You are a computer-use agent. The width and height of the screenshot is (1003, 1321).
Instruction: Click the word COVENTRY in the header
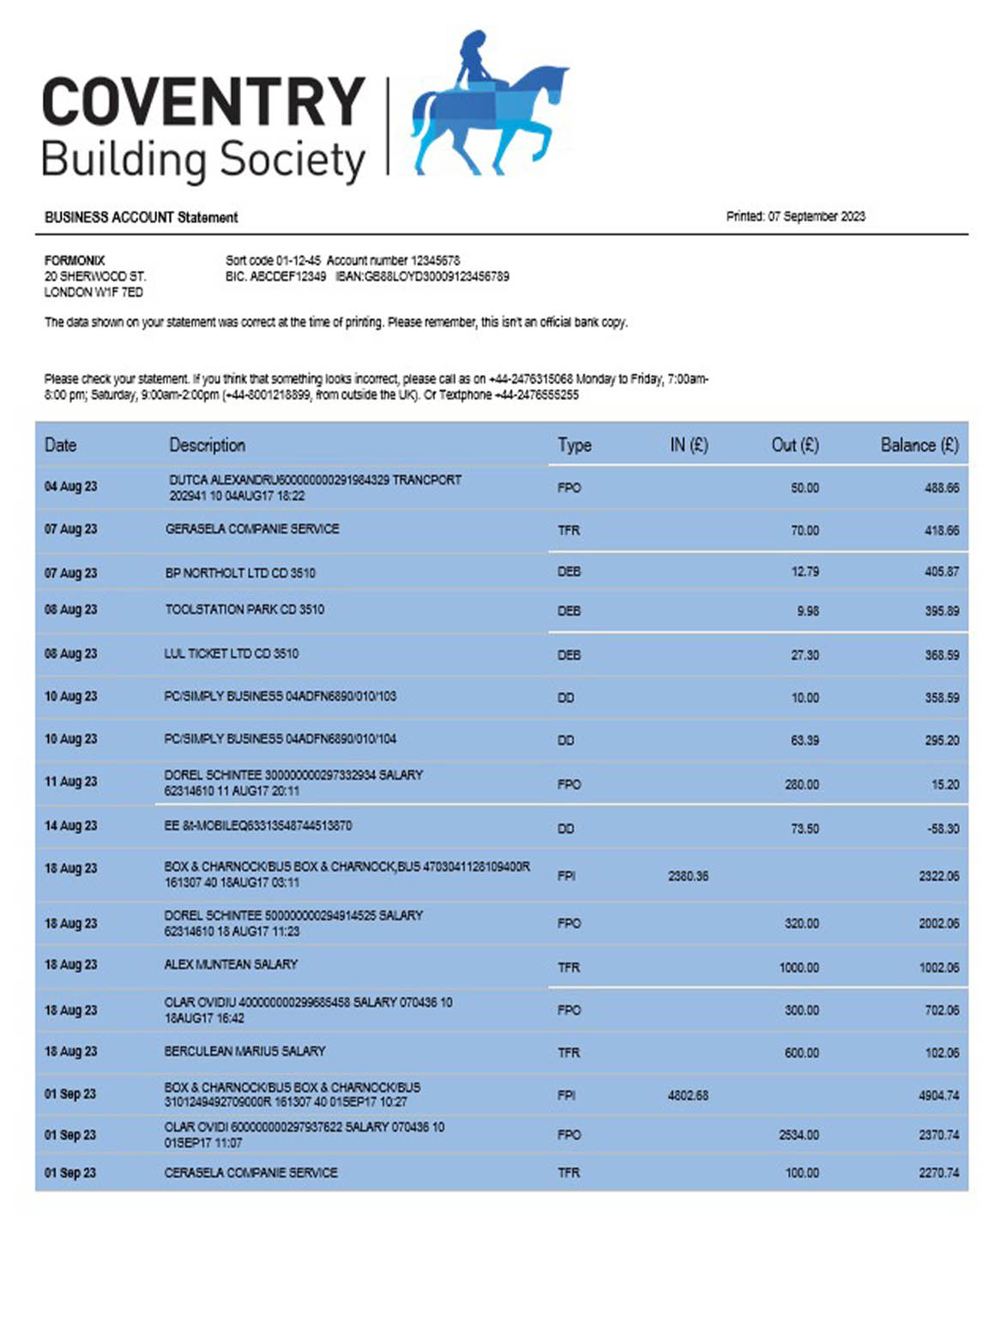203,102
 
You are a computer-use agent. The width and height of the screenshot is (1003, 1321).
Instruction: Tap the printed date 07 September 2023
816,216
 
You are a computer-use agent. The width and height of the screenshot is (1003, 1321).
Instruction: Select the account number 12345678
435,260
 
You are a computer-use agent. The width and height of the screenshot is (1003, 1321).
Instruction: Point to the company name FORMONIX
75,260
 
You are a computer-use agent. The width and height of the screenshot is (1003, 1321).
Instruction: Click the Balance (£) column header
919,444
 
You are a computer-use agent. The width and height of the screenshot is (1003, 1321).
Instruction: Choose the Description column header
207,444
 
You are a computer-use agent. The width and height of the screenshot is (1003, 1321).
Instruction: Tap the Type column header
574,444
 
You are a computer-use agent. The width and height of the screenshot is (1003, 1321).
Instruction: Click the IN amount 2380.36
688,876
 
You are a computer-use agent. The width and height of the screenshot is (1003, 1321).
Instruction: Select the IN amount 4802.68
688,1095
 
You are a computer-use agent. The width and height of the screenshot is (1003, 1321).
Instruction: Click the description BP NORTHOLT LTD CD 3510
240,572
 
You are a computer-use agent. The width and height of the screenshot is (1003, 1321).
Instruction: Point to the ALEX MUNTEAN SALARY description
231,964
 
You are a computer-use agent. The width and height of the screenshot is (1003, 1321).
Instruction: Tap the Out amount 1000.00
799,968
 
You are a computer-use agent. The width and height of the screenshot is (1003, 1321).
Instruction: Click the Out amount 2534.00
799,1135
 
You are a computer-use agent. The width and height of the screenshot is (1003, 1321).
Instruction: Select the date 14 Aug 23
70,826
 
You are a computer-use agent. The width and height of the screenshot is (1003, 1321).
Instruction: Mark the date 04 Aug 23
70,486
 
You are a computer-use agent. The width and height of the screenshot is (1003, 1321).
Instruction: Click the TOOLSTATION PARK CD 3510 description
245,609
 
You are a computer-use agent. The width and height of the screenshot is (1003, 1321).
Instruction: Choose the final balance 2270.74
939,1173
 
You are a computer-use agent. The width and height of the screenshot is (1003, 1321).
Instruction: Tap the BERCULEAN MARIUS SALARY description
245,1051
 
